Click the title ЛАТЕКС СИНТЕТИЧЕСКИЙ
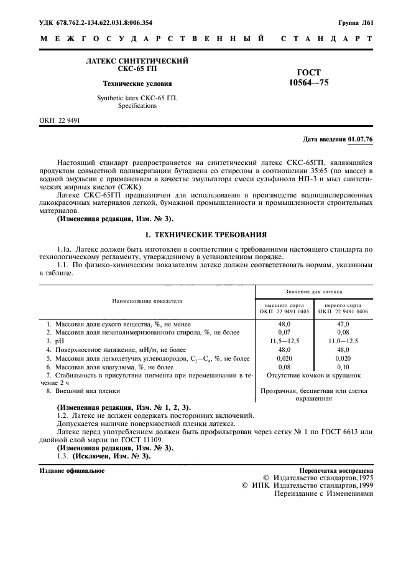(137, 60)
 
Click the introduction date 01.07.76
(361, 140)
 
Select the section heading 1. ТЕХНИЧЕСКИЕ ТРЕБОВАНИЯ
(205, 235)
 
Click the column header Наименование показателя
(147, 300)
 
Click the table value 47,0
(343, 325)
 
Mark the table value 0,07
(284, 333)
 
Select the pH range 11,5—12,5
(284, 342)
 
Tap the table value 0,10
(343, 367)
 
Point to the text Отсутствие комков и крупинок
(313, 376)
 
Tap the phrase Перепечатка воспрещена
(336, 470)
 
